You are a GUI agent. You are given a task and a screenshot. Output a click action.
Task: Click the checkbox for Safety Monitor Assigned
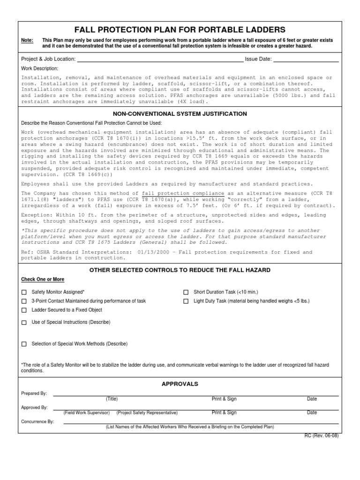point(24,292)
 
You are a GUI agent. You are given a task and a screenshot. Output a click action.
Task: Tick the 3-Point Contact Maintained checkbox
point(24,301)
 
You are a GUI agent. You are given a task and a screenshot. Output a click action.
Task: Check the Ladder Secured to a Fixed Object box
point(24,310)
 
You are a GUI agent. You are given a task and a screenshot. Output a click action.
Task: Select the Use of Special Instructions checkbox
point(24,322)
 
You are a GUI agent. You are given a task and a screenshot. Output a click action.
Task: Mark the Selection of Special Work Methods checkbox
point(24,344)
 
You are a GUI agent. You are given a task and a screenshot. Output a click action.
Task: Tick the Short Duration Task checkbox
point(186,292)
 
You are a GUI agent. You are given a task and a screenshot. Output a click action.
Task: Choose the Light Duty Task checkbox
point(186,301)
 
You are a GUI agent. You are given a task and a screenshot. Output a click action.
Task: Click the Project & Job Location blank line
point(160,60)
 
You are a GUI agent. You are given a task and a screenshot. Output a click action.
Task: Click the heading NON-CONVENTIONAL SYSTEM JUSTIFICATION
point(180,114)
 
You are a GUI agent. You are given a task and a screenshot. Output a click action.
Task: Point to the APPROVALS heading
point(180,384)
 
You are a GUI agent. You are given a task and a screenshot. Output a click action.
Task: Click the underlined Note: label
point(27,41)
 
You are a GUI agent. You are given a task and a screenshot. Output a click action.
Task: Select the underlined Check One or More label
point(43,279)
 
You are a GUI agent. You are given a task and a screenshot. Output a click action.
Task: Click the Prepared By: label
point(34,393)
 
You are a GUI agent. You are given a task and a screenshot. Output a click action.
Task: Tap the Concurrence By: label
point(37,421)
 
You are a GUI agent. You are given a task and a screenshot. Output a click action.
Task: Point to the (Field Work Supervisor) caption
point(87,413)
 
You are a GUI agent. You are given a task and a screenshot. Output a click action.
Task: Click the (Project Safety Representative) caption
point(147,413)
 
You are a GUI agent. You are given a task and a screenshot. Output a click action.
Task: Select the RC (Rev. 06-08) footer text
point(322,435)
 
